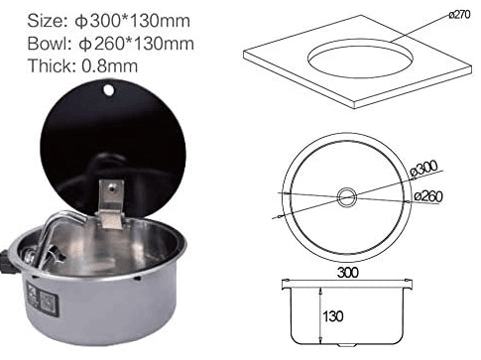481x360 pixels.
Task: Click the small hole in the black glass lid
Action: (x=108, y=93)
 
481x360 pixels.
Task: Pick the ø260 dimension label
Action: (x=427, y=196)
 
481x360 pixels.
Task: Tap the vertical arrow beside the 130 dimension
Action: (x=319, y=317)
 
